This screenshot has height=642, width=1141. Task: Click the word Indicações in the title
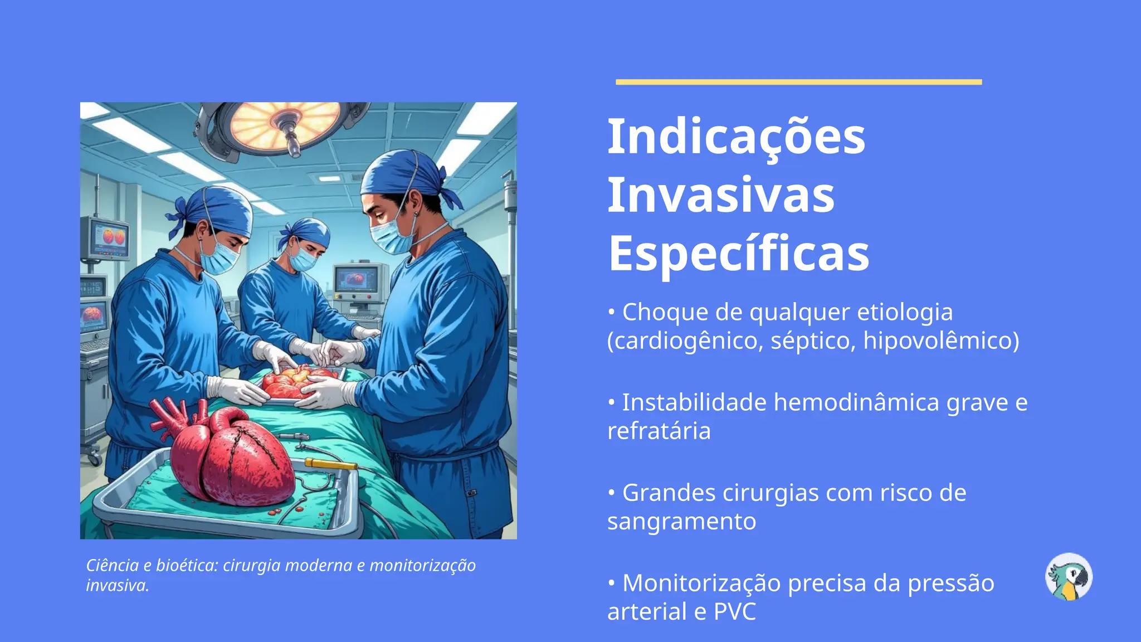pos(736,137)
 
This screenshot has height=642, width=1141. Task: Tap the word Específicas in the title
pos(738,254)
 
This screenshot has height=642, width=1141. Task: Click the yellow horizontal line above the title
pos(798,82)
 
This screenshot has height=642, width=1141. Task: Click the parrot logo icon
pos(1069,577)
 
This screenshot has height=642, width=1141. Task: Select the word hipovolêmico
pos(941,341)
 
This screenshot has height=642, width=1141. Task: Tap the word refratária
pos(659,431)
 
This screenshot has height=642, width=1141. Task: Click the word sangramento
pos(681,522)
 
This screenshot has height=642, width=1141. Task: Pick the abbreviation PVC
pos(735,612)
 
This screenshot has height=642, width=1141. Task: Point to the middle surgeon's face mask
pos(303,259)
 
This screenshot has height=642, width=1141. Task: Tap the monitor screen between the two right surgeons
pos(357,279)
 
